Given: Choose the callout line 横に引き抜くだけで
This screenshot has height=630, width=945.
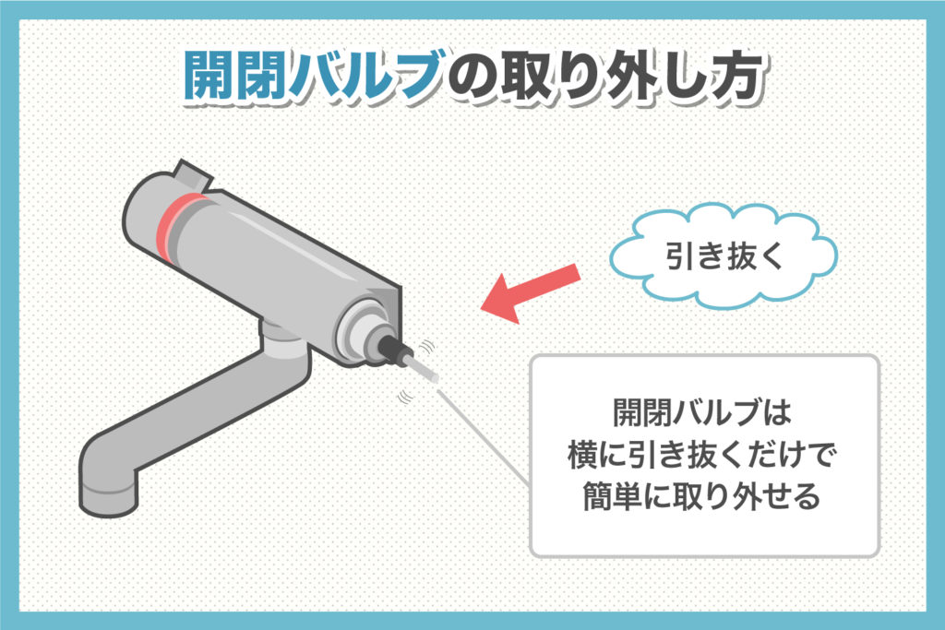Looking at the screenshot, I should (703, 453).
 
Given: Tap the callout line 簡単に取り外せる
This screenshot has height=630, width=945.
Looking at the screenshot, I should (703, 497).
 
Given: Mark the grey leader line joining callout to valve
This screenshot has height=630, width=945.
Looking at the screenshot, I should (484, 434).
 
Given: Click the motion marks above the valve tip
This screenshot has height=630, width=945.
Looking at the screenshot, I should (427, 347).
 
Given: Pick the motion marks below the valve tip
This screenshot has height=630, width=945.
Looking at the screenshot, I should (403, 397).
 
